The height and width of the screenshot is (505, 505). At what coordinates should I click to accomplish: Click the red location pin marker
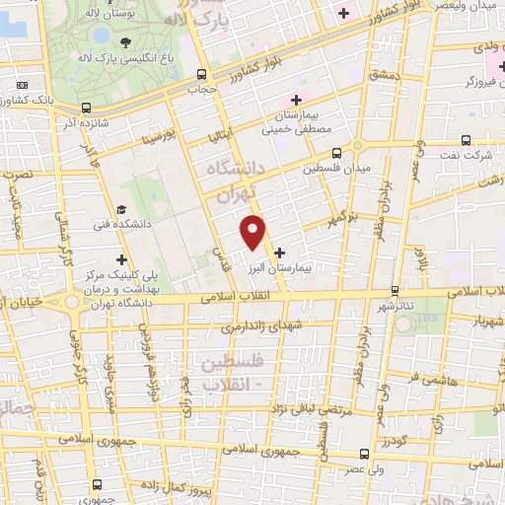click(254, 231)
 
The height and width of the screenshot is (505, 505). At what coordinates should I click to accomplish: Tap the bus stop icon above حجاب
click(201, 74)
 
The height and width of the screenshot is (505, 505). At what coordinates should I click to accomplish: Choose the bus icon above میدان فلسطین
click(335, 153)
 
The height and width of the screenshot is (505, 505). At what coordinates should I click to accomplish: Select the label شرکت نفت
click(463, 156)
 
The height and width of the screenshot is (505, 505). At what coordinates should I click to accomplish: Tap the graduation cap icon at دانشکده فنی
click(120, 209)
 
